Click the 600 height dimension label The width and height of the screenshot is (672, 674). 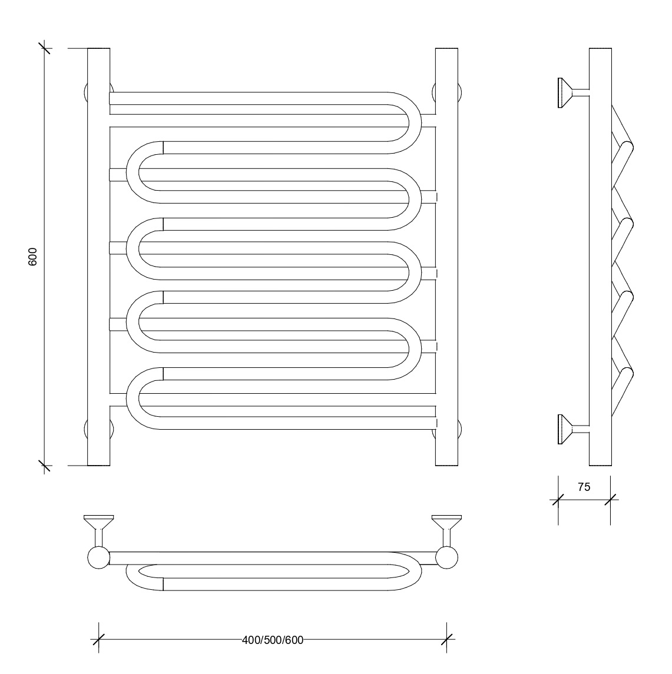click(x=32, y=257)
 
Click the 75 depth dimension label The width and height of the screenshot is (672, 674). click(x=584, y=487)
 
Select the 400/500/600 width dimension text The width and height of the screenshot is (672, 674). click(x=273, y=640)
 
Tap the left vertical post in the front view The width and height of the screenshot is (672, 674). click(x=98, y=257)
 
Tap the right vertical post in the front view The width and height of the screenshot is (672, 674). click(x=446, y=257)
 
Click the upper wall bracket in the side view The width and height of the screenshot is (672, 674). click(x=574, y=92)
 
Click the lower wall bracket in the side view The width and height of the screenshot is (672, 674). click(x=574, y=429)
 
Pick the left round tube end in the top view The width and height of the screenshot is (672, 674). click(x=98, y=557)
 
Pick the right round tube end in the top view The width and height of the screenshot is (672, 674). click(x=446, y=557)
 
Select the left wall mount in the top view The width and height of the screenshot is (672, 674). click(x=98, y=530)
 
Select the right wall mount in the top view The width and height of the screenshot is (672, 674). click(x=446, y=530)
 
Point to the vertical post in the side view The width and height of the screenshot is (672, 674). click(x=600, y=257)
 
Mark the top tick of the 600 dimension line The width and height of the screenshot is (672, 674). click(x=44, y=48)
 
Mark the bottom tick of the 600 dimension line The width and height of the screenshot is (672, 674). click(x=44, y=466)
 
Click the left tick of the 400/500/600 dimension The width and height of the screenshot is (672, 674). click(x=98, y=639)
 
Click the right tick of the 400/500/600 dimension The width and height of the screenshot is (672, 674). click(x=446, y=639)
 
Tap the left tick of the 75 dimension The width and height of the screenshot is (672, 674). click(x=558, y=500)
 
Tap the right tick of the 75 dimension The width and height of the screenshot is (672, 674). click(x=610, y=500)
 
